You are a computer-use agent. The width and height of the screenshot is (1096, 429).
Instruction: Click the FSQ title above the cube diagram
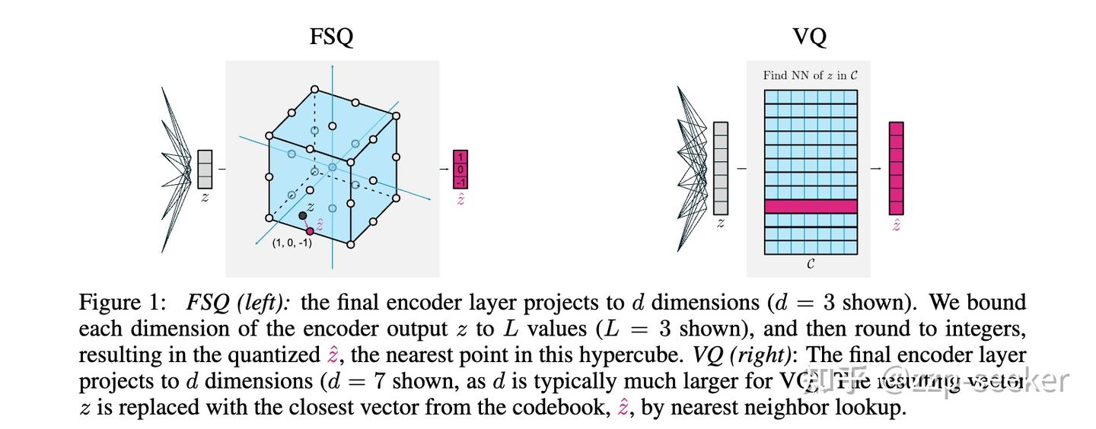[331, 37]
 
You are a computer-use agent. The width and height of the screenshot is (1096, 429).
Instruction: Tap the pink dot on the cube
[310, 231]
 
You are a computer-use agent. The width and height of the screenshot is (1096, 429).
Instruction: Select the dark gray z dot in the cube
[302, 216]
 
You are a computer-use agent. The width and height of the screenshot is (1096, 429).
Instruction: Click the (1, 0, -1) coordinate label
[292, 243]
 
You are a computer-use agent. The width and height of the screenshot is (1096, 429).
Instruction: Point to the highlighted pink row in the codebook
[811, 206]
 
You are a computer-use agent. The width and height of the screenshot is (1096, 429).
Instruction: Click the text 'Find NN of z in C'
[811, 75]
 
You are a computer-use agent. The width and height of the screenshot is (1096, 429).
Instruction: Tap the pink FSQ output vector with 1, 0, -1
[460, 169]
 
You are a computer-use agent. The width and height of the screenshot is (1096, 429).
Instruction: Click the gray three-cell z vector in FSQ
[205, 169]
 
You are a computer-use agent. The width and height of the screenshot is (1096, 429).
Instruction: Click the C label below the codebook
[811, 264]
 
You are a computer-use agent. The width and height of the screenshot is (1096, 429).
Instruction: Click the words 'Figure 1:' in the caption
[122, 303]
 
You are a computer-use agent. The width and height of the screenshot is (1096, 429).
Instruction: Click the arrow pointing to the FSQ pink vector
[444, 169]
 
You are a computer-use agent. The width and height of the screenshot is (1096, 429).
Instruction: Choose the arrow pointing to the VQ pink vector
[876, 168]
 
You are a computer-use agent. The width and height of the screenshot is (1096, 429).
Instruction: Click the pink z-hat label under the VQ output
[896, 225]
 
